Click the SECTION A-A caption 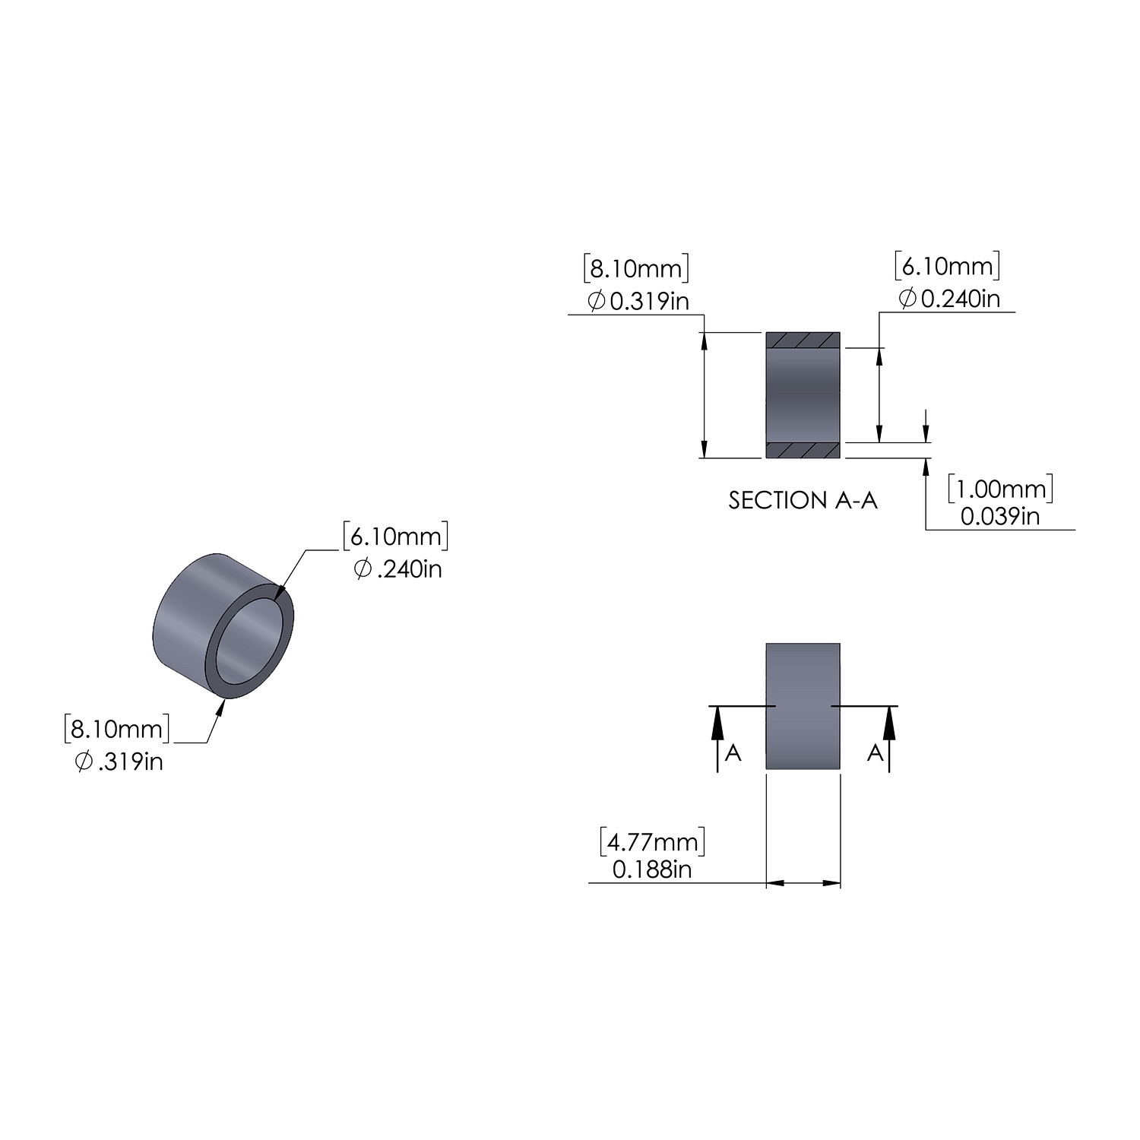pos(803,500)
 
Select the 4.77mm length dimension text pos(653,841)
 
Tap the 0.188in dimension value pos(652,869)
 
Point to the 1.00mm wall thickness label pos(1000,489)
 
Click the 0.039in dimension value pos(1000,517)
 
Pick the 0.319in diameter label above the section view pos(638,301)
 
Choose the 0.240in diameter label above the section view pos(949,299)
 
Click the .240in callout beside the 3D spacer pos(398,568)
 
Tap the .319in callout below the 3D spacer pos(119,761)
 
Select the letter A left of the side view pos(733,752)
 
